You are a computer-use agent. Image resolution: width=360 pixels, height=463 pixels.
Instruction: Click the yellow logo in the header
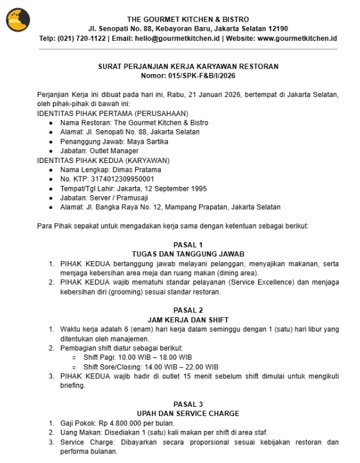[19, 20]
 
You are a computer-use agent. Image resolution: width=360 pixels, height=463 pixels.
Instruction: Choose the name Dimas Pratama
[133, 170]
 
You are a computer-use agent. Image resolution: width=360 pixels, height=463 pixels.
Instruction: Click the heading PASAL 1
[188, 244]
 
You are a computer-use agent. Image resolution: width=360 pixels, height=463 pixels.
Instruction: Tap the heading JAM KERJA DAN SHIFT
[188, 320]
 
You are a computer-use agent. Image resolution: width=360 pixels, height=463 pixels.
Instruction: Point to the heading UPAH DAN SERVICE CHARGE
[188, 413]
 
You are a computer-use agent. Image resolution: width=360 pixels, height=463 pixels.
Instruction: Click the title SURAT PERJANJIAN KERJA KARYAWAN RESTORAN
[188, 66]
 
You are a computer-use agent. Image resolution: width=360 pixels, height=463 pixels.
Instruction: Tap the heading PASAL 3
[188, 404]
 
